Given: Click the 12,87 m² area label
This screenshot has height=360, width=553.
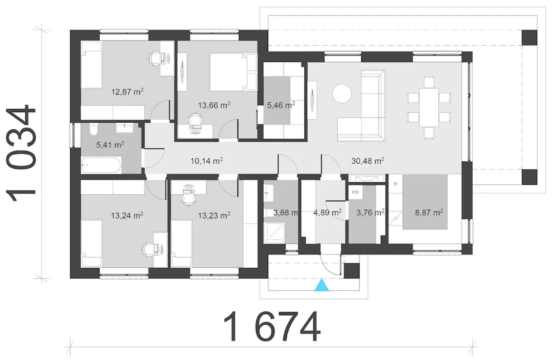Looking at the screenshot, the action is coord(127,92).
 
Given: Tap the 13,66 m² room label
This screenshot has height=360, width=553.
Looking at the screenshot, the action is coord(214,105).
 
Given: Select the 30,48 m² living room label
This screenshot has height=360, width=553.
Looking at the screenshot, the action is coord(368,161).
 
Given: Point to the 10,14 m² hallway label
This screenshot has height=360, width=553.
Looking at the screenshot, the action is coord(207,161).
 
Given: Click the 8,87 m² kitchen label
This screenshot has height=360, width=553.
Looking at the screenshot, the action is coord(429,212).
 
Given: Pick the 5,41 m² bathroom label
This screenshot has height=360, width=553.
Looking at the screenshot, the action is coord(110,145).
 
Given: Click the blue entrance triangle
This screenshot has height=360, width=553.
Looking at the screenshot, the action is coord(322,285).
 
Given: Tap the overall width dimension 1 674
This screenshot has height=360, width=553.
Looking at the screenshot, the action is coord(272,326).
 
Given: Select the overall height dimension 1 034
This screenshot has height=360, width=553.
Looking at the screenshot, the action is coord(21,153).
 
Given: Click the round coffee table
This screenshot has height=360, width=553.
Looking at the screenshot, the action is coord(342,93).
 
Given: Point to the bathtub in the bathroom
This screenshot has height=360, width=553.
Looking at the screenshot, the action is coord(101,165).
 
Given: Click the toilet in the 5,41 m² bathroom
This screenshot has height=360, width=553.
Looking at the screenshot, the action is coord(94,130).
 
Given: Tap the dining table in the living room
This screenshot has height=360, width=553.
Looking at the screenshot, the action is coord(429,108).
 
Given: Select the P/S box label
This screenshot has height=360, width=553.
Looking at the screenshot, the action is coord(356,192).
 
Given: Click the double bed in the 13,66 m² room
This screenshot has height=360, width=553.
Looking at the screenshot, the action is coord(233,72).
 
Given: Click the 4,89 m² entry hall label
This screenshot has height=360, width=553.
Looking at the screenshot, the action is coord(327,212).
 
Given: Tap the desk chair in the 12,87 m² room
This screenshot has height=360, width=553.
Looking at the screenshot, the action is coord(156,59).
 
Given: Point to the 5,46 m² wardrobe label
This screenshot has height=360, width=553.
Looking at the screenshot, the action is coord(281,105).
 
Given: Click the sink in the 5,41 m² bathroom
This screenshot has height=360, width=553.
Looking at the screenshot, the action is coord(125,128).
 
